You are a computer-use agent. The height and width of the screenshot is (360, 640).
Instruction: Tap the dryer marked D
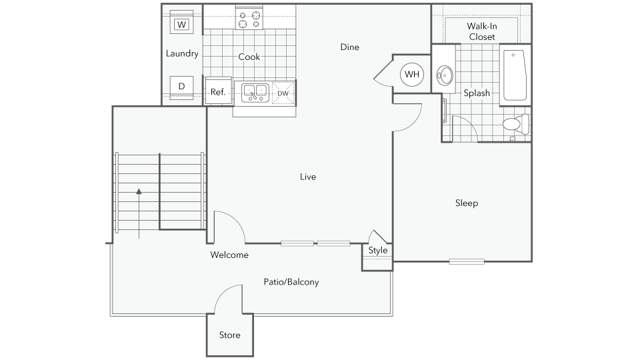tap(182, 87)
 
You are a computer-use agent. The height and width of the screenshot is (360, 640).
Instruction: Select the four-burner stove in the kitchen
tap(249, 19)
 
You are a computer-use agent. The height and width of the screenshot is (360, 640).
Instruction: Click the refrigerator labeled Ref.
tap(218, 91)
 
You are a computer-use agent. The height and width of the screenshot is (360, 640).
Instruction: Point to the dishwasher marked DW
tap(283, 93)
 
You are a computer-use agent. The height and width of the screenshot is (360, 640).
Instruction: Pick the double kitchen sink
tap(255, 93)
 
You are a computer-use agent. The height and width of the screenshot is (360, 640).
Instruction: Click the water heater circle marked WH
tap(412, 74)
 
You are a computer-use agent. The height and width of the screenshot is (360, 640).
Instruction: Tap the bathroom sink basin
tap(444, 75)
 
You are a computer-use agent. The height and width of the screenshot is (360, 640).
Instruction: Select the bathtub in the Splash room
tap(515, 75)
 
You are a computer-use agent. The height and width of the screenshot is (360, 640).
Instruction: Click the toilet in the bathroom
tap(516, 124)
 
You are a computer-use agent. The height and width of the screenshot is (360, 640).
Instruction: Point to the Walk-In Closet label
tap(482, 31)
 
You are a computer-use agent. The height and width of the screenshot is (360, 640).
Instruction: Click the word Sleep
tap(467, 203)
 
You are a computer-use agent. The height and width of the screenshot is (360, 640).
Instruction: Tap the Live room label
tap(308, 177)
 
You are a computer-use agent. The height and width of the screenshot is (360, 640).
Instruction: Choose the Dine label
tap(350, 47)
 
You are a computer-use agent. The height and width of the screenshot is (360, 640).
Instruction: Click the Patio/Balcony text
tap(291, 282)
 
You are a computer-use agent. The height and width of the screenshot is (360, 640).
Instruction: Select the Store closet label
tap(230, 335)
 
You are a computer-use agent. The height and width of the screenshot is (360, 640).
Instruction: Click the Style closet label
tap(378, 250)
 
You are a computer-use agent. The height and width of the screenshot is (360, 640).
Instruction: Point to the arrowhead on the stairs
tap(139, 191)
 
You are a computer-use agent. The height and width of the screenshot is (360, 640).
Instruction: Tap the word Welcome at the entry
tap(229, 255)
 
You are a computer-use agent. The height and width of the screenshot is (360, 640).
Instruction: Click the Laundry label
tap(182, 53)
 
